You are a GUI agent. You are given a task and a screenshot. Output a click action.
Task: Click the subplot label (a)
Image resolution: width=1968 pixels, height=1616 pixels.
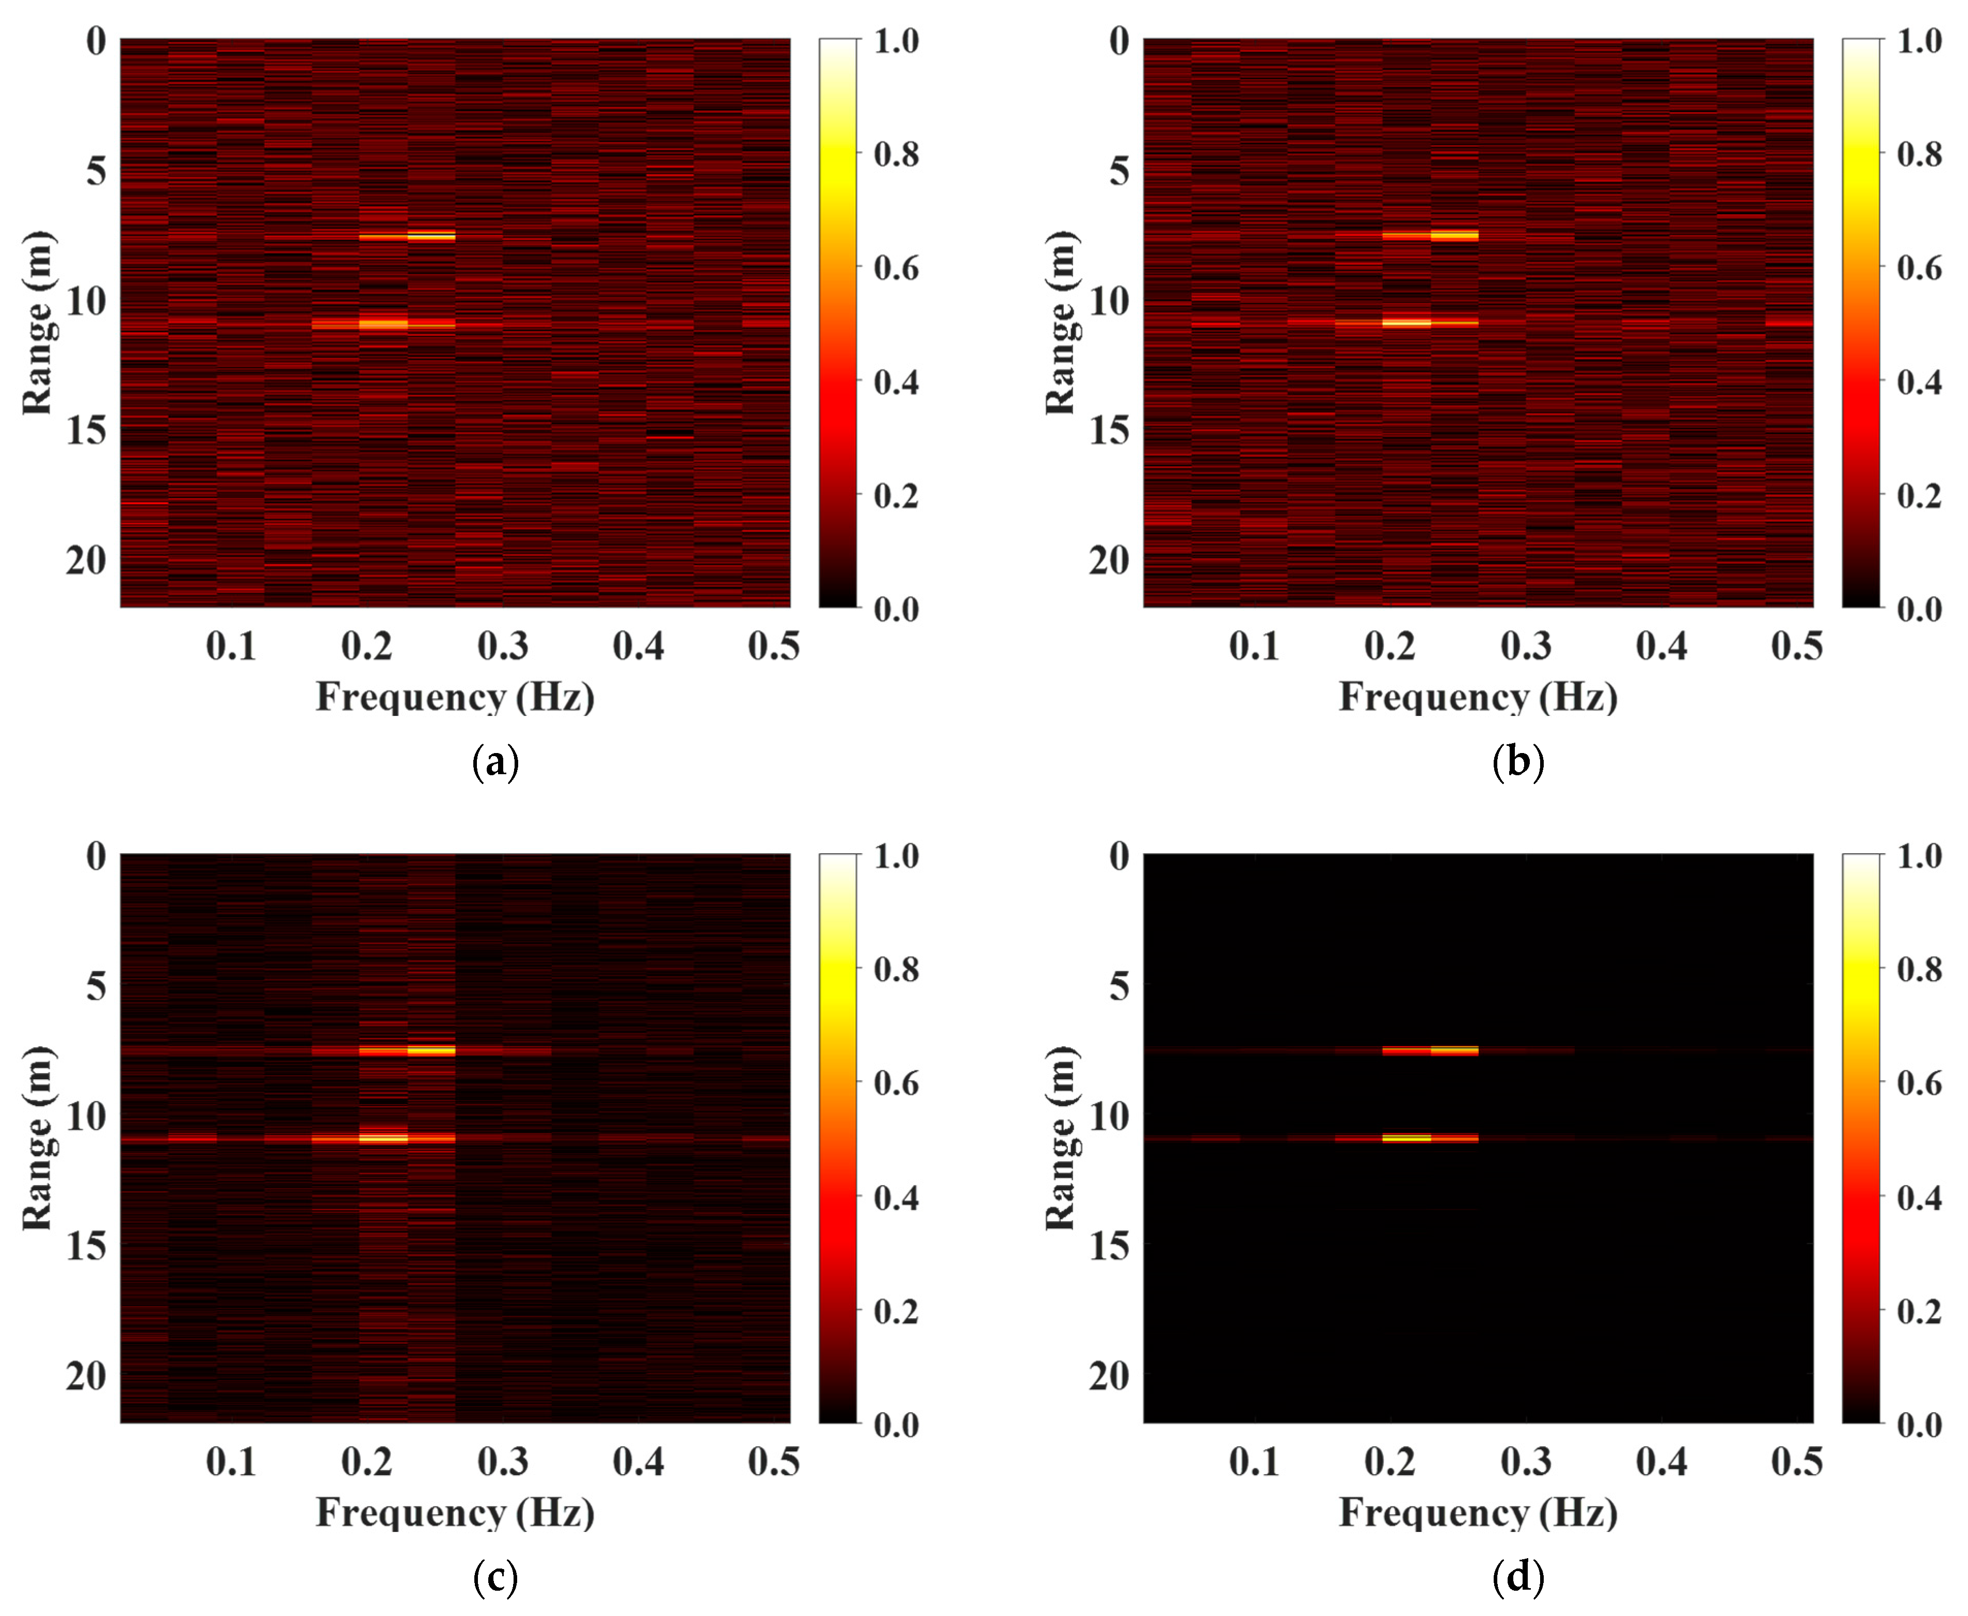[x=495, y=762]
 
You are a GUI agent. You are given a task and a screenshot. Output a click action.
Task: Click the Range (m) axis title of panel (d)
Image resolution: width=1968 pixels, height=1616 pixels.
[x=1060, y=1138]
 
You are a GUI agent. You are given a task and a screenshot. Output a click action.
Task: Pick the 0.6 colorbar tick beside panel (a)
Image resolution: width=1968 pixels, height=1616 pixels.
[x=895, y=268]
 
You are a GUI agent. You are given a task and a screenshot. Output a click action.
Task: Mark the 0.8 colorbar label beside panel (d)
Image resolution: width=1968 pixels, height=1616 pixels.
[x=1918, y=969]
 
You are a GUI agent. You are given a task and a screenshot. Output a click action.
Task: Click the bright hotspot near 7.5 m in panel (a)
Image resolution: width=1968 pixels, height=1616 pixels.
[x=431, y=236]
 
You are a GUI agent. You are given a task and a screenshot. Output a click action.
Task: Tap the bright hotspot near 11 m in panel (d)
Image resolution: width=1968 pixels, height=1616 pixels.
[x=1406, y=1138]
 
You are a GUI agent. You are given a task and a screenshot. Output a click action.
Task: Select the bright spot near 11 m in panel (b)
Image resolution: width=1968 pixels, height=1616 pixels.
[x=1406, y=323]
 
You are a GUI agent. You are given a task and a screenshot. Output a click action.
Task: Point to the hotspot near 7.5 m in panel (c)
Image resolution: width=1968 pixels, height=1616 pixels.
[x=431, y=1051]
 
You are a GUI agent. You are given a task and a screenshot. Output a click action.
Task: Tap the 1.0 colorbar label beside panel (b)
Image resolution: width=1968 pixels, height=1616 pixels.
[x=1918, y=41]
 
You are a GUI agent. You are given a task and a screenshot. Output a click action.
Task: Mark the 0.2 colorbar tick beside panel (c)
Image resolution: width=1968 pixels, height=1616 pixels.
[x=895, y=1310]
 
